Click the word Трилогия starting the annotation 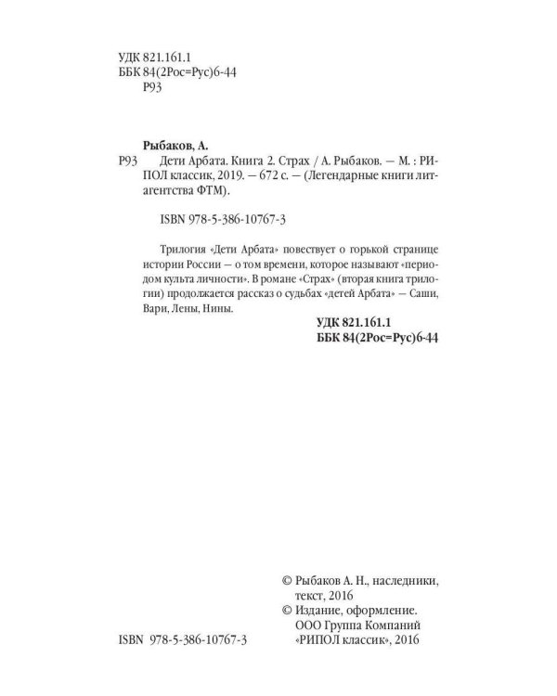(x=172, y=251)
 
